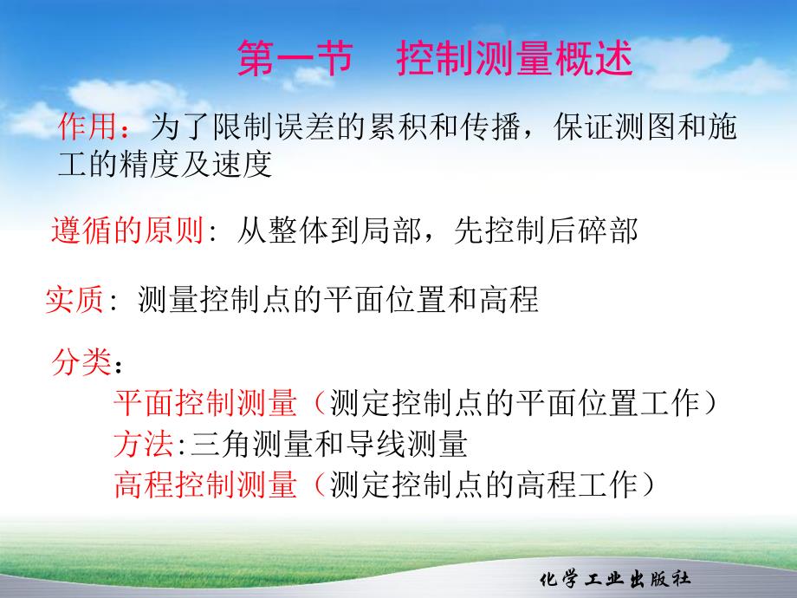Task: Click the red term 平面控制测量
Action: click(x=205, y=404)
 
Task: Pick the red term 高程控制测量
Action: click(x=205, y=485)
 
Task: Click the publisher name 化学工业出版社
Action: click(x=614, y=580)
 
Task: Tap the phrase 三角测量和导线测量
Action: click(x=328, y=445)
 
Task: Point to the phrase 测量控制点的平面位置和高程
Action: click(x=338, y=300)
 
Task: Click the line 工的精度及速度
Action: click(x=165, y=165)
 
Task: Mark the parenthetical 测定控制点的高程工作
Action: click(x=483, y=485)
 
